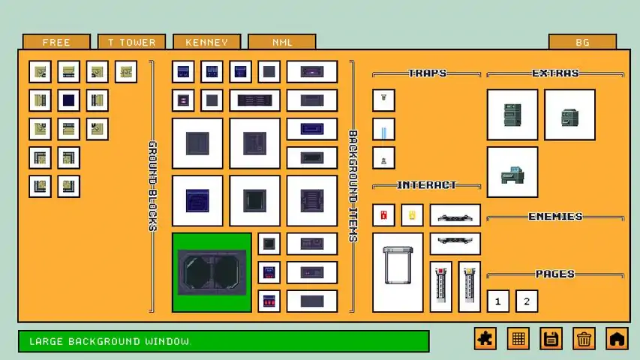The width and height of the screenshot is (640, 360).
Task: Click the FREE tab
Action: point(56,42)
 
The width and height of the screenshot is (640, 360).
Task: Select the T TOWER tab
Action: point(131,42)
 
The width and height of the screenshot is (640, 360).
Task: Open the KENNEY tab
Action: point(206,42)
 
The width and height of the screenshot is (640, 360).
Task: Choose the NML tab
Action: point(282,42)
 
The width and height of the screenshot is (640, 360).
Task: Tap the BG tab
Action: point(582,42)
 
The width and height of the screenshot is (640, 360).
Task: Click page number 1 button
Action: point(498,301)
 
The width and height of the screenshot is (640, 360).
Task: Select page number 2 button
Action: point(527,301)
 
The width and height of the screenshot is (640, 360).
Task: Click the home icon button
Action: point(616,338)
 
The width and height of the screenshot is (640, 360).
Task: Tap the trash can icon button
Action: point(584,338)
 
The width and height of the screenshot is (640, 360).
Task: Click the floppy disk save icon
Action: point(551,338)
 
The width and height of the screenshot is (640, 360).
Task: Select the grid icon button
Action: point(518,338)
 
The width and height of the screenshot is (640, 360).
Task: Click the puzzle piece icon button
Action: point(485,338)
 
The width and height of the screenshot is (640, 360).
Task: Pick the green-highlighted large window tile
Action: point(212,273)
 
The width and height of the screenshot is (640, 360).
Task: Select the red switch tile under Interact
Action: point(383,215)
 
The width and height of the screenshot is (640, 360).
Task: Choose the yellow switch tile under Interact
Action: point(412,215)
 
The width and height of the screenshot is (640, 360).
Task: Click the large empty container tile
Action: point(398,273)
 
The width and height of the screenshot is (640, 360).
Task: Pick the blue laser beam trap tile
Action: point(383,130)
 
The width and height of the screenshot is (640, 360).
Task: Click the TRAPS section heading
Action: point(427,73)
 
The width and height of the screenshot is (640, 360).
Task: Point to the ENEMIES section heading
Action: point(555,216)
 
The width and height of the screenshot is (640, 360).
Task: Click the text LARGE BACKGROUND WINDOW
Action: point(110,341)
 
